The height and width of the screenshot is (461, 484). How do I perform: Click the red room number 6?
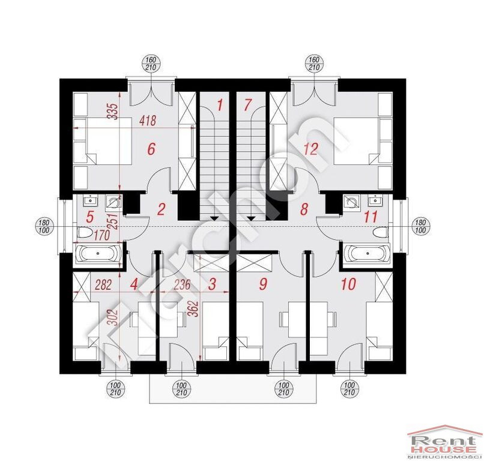(151, 149)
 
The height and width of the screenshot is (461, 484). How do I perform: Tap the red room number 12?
(311, 149)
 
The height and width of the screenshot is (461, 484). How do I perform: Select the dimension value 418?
(148, 121)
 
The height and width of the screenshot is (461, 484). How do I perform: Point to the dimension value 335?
(113, 112)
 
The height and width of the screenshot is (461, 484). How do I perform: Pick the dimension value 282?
(103, 285)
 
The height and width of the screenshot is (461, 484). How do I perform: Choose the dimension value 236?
(182, 285)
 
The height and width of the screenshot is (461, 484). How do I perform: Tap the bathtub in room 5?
(98, 253)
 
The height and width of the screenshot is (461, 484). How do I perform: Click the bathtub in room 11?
(368, 253)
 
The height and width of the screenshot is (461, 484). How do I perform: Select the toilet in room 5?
(83, 232)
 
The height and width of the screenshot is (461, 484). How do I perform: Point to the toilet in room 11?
(380, 232)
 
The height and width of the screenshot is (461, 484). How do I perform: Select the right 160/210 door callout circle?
(314, 64)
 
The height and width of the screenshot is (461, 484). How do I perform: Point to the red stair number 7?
(247, 105)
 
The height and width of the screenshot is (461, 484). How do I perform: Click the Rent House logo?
(444, 442)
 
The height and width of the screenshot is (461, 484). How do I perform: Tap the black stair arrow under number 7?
(252, 218)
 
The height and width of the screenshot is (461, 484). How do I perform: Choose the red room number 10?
(348, 284)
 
